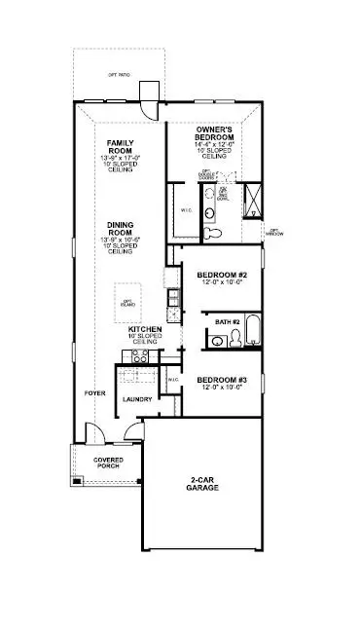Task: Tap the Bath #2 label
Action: tap(227, 321)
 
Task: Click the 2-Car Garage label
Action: tap(203, 484)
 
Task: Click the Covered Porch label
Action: tap(108, 463)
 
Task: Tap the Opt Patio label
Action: tap(119, 75)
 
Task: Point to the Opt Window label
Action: tap(276, 232)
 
